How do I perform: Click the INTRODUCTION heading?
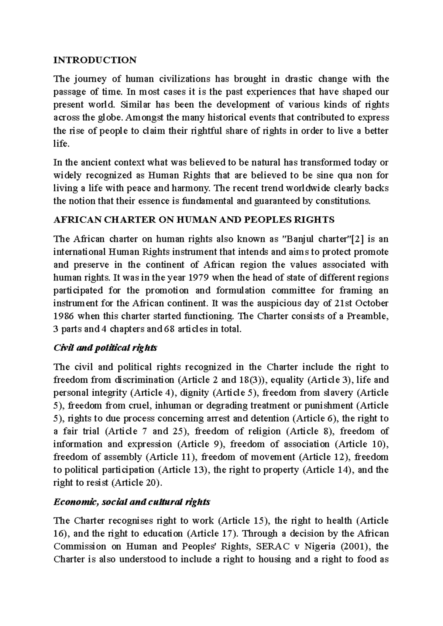95,60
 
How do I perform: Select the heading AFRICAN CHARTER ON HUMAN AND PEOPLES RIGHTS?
194,220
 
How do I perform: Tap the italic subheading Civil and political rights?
105,348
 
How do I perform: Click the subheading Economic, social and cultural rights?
132,502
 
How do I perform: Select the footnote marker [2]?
357,239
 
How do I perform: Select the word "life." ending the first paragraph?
61,144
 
